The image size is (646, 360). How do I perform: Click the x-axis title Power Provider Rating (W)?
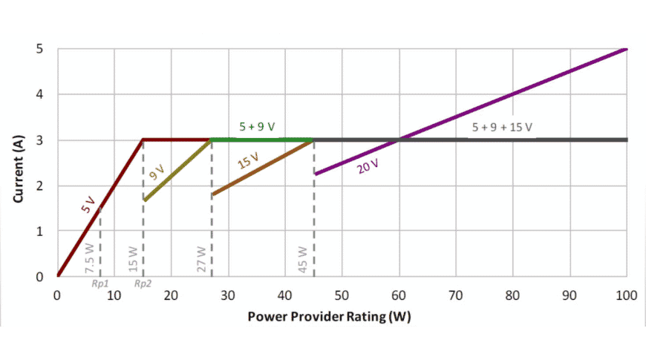[x=330, y=315]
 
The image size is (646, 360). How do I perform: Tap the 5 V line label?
[x=88, y=206]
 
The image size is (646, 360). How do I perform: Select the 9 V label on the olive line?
[x=157, y=171]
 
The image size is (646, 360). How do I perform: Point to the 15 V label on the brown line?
[x=249, y=161]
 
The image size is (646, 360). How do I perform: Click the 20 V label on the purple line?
[x=368, y=166]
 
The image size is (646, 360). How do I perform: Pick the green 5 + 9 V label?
[x=257, y=127]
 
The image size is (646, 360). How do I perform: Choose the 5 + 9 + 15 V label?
[x=503, y=127]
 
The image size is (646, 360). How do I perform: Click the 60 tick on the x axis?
[x=399, y=295]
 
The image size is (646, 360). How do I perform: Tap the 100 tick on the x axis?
[x=627, y=295]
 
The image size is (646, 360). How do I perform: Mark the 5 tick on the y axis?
[x=39, y=49]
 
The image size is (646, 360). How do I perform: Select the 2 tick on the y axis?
[x=39, y=186]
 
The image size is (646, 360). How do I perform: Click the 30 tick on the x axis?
[x=228, y=295]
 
